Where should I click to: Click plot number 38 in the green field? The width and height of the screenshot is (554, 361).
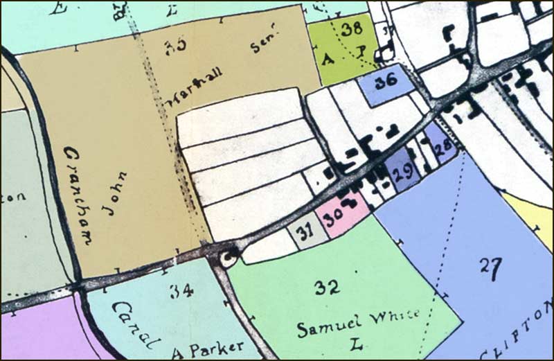coord(352,29)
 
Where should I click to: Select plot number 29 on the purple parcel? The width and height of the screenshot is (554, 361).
coord(402,170)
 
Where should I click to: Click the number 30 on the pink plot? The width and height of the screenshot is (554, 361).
coord(335,215)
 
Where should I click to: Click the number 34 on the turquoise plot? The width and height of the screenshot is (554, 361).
coord(181,291)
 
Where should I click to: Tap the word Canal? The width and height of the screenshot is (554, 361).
coord(136,326)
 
